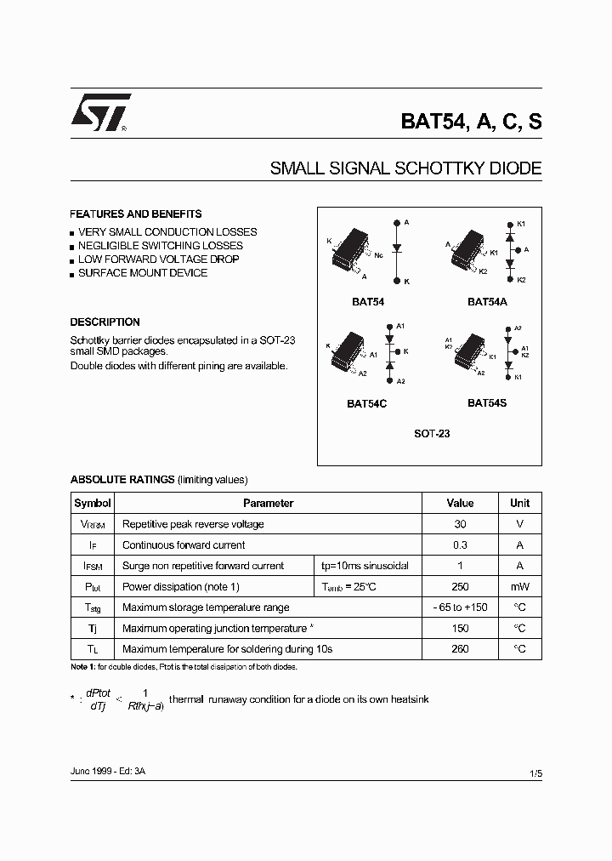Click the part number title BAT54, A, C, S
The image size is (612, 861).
pos(471,121)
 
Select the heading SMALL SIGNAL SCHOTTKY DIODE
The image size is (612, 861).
pos(405,168)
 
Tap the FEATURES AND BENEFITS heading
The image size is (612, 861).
pos(136,214)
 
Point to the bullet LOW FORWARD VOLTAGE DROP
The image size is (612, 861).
pos(158,259)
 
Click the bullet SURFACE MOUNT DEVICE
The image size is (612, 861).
pos(142,273)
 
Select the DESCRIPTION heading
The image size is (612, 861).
pos(105,322)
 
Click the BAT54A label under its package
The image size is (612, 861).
pos(487,301)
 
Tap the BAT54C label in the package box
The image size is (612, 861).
pos(366,404)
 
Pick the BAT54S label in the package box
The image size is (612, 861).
pos(486,403)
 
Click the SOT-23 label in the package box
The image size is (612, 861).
pos(432,434)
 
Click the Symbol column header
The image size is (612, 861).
pos(92,503)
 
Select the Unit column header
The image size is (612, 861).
pos(519,503)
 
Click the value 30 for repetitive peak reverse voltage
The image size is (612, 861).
pos(460,524)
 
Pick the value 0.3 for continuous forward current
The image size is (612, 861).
pos(460,545)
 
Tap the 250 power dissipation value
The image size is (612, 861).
pos(460,587)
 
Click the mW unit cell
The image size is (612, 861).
pos(519,587)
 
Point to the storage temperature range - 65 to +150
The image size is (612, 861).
pos(460,607)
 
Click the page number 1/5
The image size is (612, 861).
pos(535,773)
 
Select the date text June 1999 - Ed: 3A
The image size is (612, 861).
pos(108,770)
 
